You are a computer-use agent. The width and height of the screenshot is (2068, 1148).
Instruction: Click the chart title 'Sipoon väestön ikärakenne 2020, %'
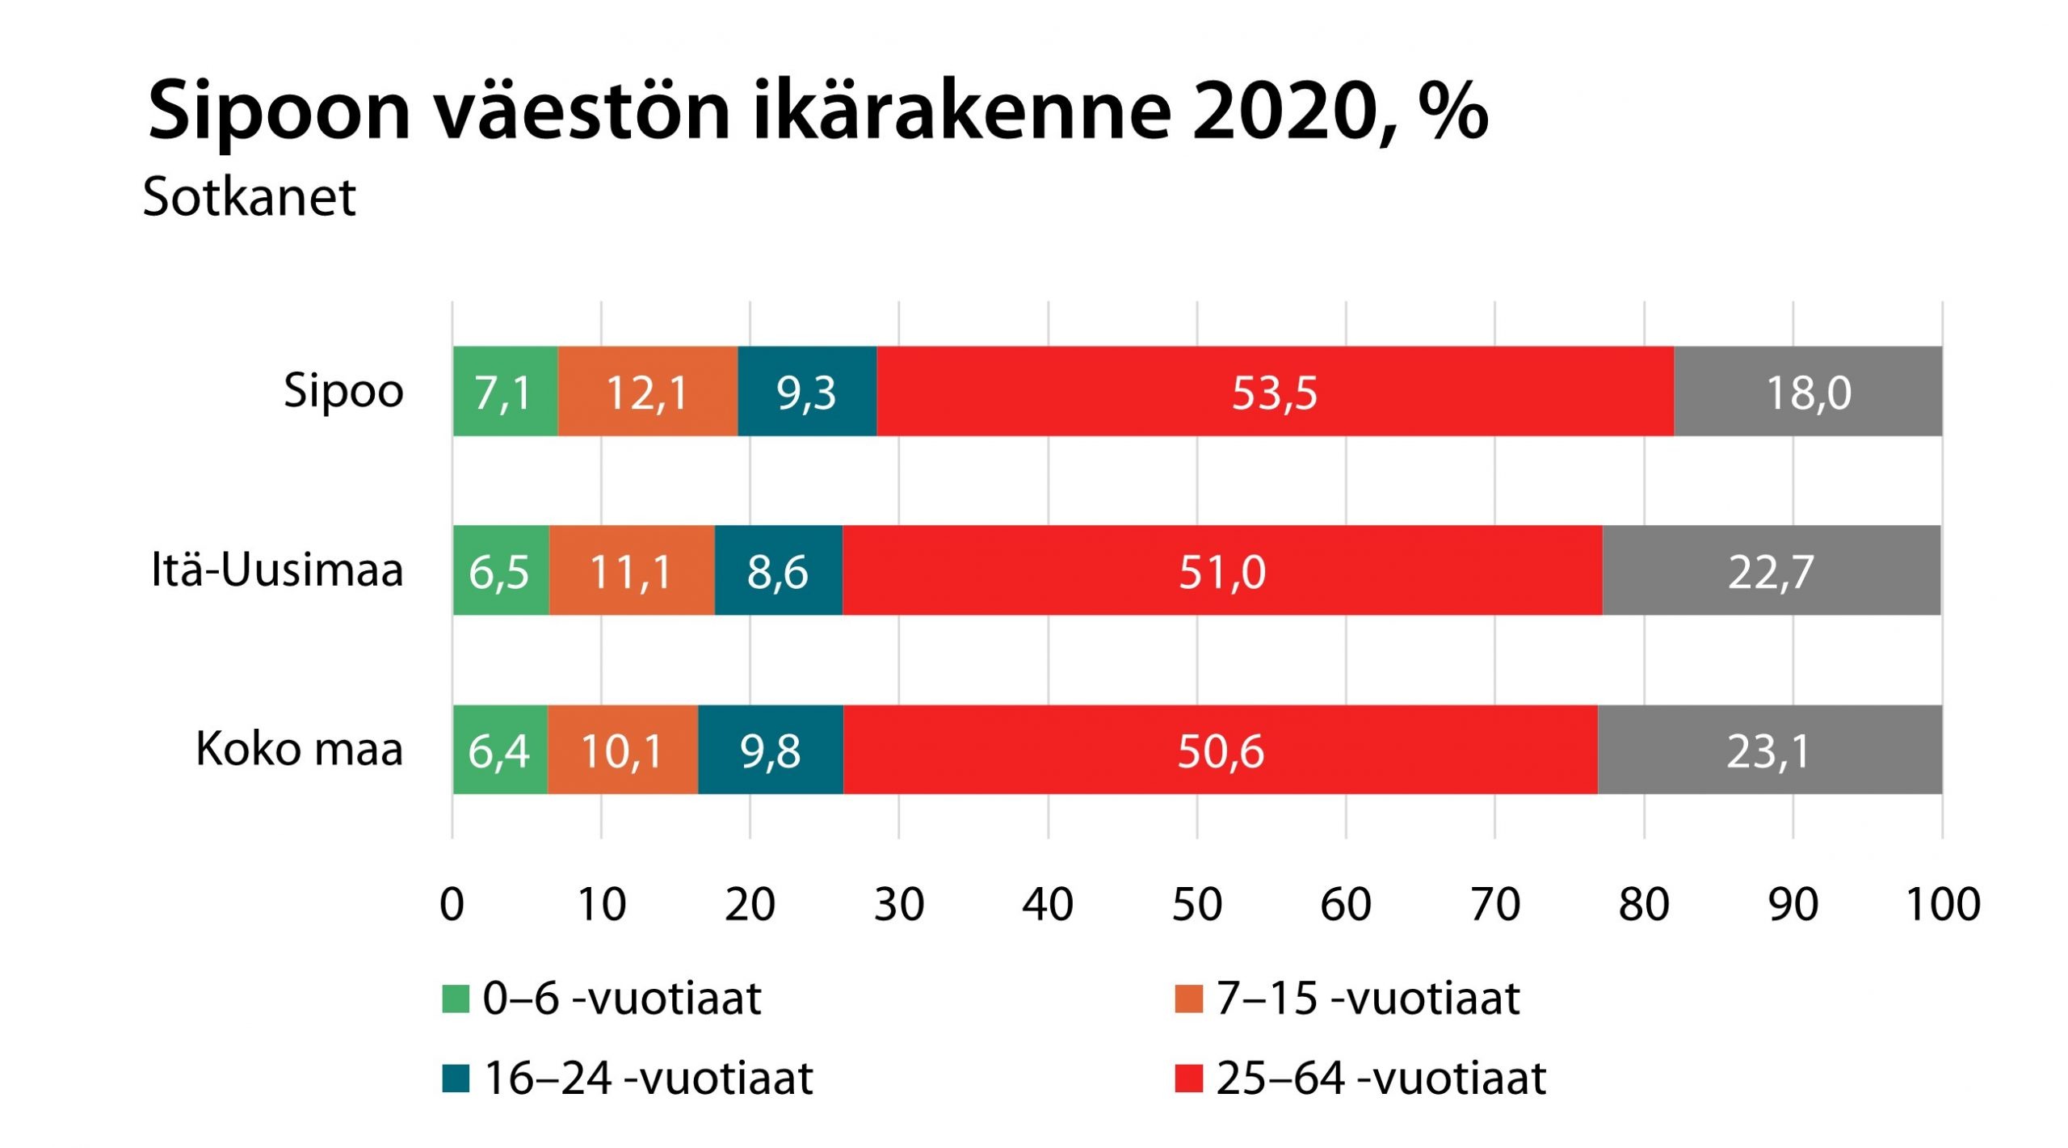coord(818,111)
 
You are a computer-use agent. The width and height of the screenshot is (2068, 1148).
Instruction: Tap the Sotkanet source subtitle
coord(249,197)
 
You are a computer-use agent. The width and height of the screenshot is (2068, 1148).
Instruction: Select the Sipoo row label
coord(343,392)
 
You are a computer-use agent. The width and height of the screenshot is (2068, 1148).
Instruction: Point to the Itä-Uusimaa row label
coord(277,570)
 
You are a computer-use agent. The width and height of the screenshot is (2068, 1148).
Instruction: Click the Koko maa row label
coord(299,749)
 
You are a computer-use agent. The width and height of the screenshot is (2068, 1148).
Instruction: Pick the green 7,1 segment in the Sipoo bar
coord(504,392)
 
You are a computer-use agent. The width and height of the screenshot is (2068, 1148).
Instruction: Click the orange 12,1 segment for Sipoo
coord(647,392)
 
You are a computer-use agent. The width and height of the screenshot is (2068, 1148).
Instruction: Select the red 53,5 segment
coord(1275,392)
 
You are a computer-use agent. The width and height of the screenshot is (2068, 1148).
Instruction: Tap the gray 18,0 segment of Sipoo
coord(1808,392)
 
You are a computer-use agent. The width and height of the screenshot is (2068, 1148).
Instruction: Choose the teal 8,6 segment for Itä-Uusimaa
coord(778,570)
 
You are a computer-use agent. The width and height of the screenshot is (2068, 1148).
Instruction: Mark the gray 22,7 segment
coord(1771,570)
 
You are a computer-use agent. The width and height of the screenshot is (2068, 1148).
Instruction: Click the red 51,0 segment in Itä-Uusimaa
coord(1221,570)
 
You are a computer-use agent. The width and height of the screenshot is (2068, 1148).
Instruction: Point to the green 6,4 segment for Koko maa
coord(499,750)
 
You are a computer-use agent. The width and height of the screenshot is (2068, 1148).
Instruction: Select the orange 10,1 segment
coord(622,750)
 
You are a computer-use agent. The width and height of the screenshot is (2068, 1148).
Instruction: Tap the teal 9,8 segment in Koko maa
coord(771,750)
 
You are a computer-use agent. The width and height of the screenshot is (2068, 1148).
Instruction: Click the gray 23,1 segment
coord(1769,750)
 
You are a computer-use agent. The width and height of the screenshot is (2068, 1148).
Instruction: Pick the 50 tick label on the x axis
coord(1197,904)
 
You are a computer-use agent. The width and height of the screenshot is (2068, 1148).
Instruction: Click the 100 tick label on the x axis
coord(1942,904)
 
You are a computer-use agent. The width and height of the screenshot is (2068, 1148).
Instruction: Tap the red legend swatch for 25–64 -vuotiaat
coord(1188,1079)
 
